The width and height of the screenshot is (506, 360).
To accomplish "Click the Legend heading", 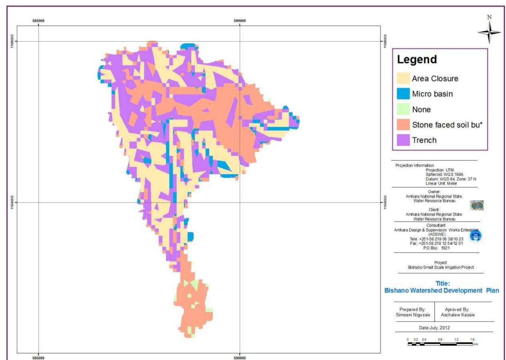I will pos(417,60).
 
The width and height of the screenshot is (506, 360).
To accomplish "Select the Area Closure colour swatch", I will pos(403,78).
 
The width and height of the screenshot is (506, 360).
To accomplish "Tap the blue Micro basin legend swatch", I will pos(403,94).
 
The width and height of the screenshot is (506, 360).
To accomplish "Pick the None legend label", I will pos(421,109).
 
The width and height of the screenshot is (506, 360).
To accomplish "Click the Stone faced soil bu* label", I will pos(447,125).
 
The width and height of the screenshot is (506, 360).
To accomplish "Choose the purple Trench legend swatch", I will pos(403,140).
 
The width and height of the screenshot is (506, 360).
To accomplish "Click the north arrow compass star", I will pos(489,32).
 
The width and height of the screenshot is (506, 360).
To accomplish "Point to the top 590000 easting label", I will pos(240,21).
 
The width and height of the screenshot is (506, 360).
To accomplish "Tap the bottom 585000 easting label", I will pos(38,358).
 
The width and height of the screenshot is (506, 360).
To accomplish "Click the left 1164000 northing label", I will pos(12,202).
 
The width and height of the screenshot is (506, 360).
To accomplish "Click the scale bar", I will pos(440,344).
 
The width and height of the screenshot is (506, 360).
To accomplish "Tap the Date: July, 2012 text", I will pos(434,328).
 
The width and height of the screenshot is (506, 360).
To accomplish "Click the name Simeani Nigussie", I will pos(413,315).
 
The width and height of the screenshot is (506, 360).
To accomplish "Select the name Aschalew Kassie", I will pos(458,315).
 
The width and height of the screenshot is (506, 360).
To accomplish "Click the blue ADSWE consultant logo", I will pos(476,236).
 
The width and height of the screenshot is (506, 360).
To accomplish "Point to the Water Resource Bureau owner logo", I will pos(477,205).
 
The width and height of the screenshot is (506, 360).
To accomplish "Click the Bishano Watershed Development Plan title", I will pos(442,290).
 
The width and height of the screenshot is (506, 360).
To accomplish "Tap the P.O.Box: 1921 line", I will pos(436,248).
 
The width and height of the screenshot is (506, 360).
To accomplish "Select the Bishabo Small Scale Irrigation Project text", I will pos(441,267).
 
